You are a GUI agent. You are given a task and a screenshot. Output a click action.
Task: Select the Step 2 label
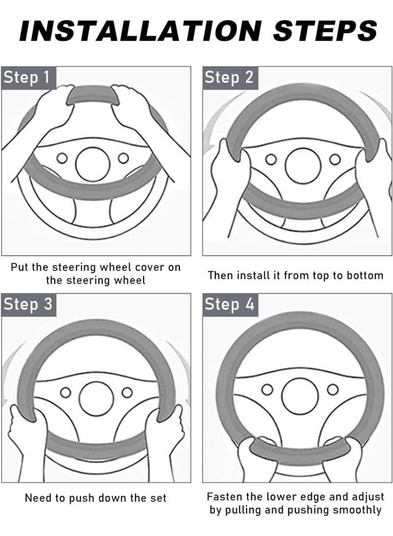point(229,78)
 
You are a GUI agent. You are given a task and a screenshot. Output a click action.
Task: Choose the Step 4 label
point(229,304)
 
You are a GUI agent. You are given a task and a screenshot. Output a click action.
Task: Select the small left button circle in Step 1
point(62,158)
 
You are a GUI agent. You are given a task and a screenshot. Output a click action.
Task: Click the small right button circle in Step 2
point(335,159)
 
